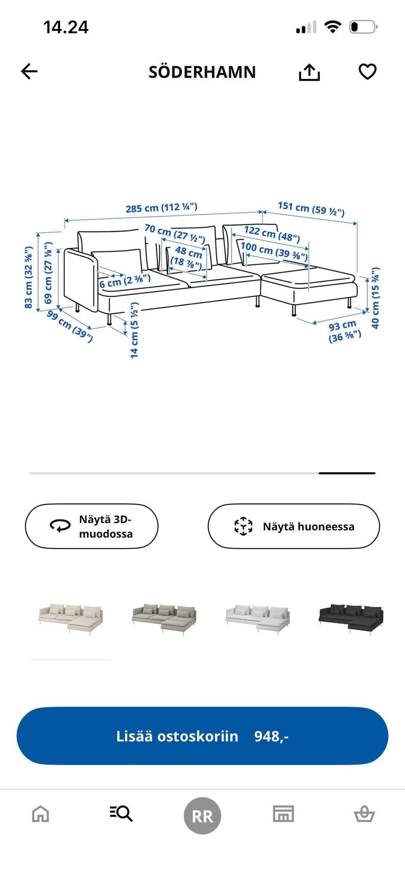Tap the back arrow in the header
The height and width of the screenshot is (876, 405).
pos(29,72)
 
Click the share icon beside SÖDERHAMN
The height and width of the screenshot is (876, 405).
pos(309,72)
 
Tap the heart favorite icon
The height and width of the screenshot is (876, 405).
pos(367,72)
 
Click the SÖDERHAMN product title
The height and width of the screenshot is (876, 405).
pos(202,72)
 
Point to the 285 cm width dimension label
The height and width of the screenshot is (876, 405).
pos(161,208)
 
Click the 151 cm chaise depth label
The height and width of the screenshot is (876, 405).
pos(311,208)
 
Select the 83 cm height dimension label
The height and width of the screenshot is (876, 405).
pos(29,277)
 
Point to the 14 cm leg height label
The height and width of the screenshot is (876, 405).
pos(134,331)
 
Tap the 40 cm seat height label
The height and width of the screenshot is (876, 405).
pos(375,298)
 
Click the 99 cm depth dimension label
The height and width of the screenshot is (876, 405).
pos(70,326)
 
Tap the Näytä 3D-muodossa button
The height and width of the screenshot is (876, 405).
pos(92,526)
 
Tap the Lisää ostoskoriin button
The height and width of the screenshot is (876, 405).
pos(202,736)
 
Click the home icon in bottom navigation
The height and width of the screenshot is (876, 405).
pos(40,814)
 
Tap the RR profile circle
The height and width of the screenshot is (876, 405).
pos(202,816)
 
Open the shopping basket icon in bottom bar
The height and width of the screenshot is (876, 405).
pos(364,814)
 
